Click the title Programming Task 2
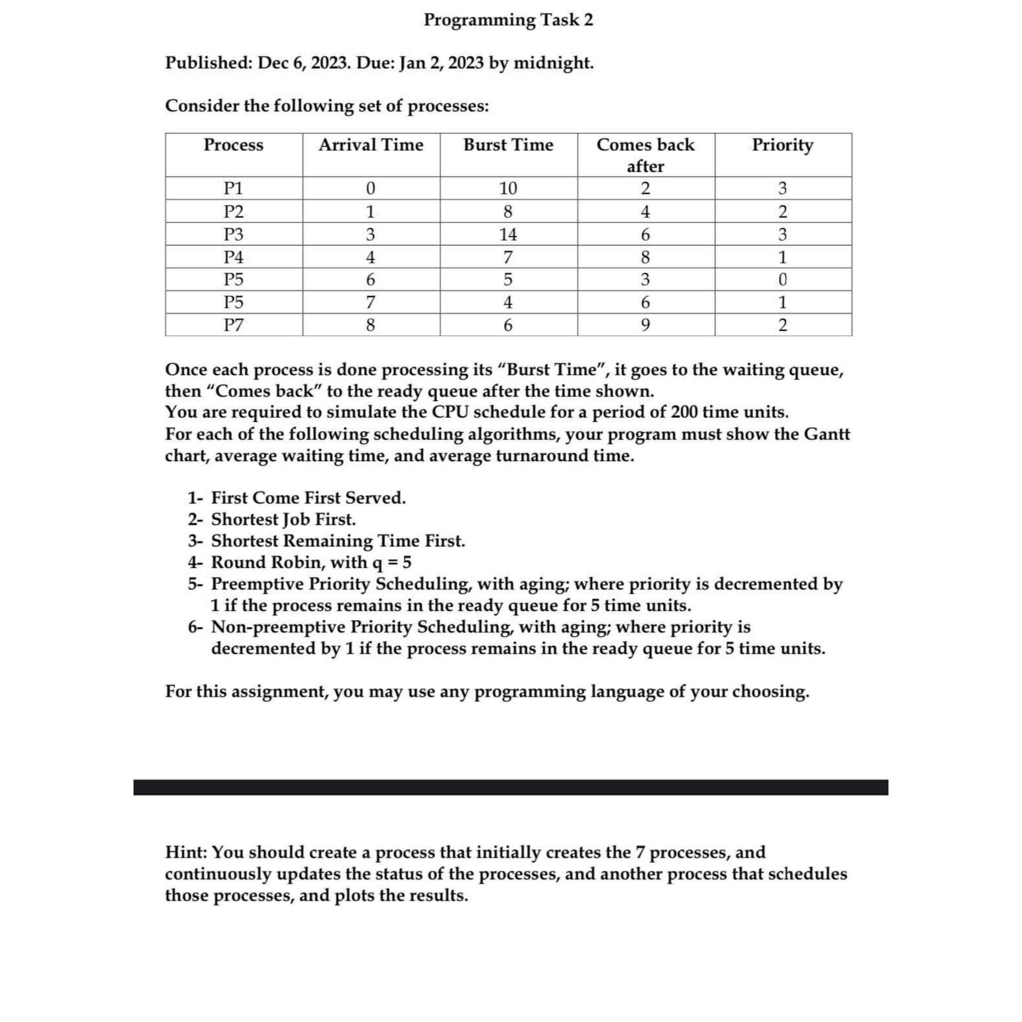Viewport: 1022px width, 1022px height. point(509,20)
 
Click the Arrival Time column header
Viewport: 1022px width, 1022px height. point(371,145)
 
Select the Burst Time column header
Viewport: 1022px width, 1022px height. point(509,145)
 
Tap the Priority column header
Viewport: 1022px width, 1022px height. point(782,145)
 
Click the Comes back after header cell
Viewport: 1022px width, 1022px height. point(645,155)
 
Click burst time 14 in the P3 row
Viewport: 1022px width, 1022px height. point(509,235)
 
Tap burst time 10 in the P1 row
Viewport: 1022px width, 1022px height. point(509,188)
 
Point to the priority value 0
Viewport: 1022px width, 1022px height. point(783,279)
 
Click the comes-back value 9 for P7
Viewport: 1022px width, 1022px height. point(645,325)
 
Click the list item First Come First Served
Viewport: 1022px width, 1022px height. point(308,498)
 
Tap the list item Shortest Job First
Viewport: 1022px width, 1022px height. point(283,519)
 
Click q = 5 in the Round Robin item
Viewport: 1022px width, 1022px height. point(392,562)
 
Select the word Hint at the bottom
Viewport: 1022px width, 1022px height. point(185,852)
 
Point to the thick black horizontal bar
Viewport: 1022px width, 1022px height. point(511,787)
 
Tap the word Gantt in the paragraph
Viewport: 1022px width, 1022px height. point(827,434)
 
